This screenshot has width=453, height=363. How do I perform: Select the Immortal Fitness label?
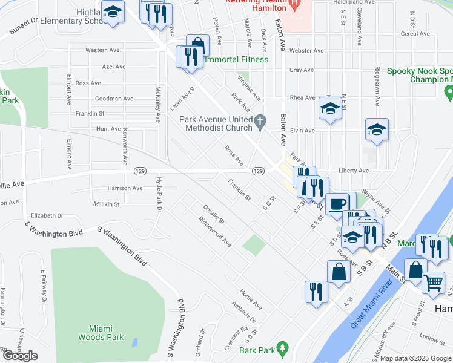[237, 60]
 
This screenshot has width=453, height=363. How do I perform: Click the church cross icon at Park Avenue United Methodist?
[260, 122]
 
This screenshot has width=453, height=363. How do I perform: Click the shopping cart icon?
[433, 281]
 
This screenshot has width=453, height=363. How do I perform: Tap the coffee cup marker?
[337, 204]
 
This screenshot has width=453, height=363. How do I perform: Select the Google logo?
[19, 356]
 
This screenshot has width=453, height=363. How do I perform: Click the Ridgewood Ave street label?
[215, 233]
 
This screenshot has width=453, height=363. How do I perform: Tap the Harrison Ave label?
[125, 188]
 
